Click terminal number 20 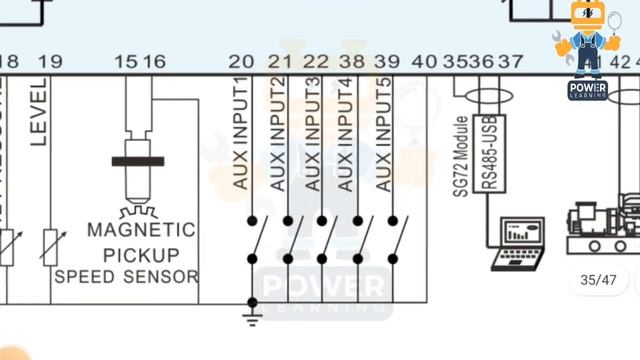[x=241, y=62]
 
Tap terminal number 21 [x=280, y=62]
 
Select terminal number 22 [x=315, y=62]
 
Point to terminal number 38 [x=351, y=62]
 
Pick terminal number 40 [x=424, y=62]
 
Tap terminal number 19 [x=50, y=62]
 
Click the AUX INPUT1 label [x=240, y=134]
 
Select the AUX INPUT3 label [x=313, y=134]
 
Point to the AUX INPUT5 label [x=384, y=134]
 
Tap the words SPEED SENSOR [x=127, y=275]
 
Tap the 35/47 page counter [x=598, y=279]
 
